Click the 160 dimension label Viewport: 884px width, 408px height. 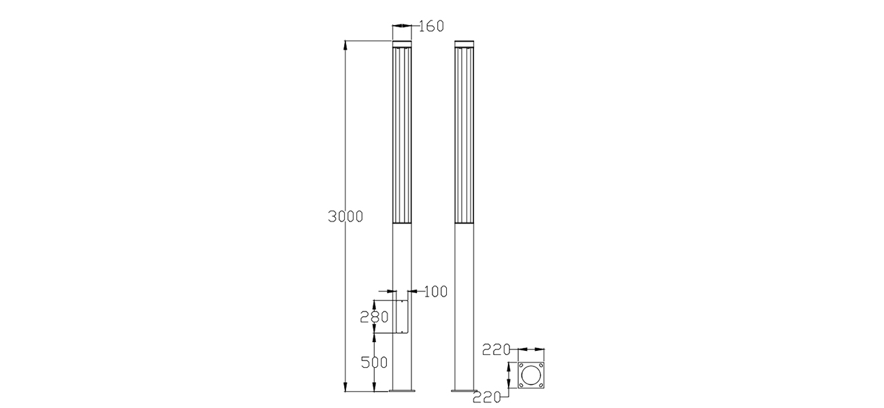point(430,27)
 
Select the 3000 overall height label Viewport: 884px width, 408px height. point(345,217)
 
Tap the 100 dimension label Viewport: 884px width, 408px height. point(435,292)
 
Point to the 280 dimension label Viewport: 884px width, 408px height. point(374,316)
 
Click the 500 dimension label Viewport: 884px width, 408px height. point(374,362)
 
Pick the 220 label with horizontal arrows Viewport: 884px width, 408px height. point(496,350)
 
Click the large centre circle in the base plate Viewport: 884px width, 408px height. point(532,376)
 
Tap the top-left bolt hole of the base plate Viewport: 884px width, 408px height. point(522,367)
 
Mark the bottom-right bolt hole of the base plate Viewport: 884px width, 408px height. point(542,386)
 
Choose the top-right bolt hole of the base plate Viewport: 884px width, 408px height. point(542,367)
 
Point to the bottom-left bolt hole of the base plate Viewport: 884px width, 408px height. point(522,386)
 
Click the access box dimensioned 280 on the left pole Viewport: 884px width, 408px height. point(400,317)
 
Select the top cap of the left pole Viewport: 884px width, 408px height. point(403,46)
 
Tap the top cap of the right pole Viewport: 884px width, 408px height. point(464,46)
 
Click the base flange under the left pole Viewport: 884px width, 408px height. point(403,391)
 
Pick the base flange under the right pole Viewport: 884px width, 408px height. point(464,391)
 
